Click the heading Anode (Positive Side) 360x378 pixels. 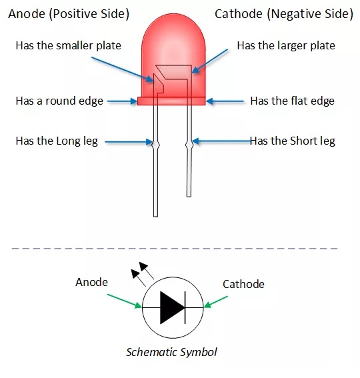click(x=69, y=14)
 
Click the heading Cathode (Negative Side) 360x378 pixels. click(x=284, y=14)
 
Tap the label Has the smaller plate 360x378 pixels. click(x=68, y=45)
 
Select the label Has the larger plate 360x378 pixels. click(x=286, y=45)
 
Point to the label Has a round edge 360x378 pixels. click(x=59, y=101)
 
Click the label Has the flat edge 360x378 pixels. click(x=292, y=101)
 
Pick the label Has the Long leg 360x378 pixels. click(x=57, y=141)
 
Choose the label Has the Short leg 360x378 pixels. click(x=292, y=141)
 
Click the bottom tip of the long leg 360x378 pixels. click(x=155, y=217)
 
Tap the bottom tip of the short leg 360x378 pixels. click(x=189, y=197)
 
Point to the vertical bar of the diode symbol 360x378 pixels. click(x=185, y=307)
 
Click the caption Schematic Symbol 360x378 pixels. click(x=171, y=352)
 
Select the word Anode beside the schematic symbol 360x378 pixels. click(x=91, y=282)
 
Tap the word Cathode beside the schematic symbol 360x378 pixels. click(x=243, y=284)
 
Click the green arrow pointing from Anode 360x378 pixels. click(x=125, y=301)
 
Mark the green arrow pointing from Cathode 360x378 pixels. click(x=215, y=302)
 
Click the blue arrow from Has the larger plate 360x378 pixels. click(x=209, y=61)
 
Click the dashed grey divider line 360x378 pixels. click(x=175, y=248)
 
